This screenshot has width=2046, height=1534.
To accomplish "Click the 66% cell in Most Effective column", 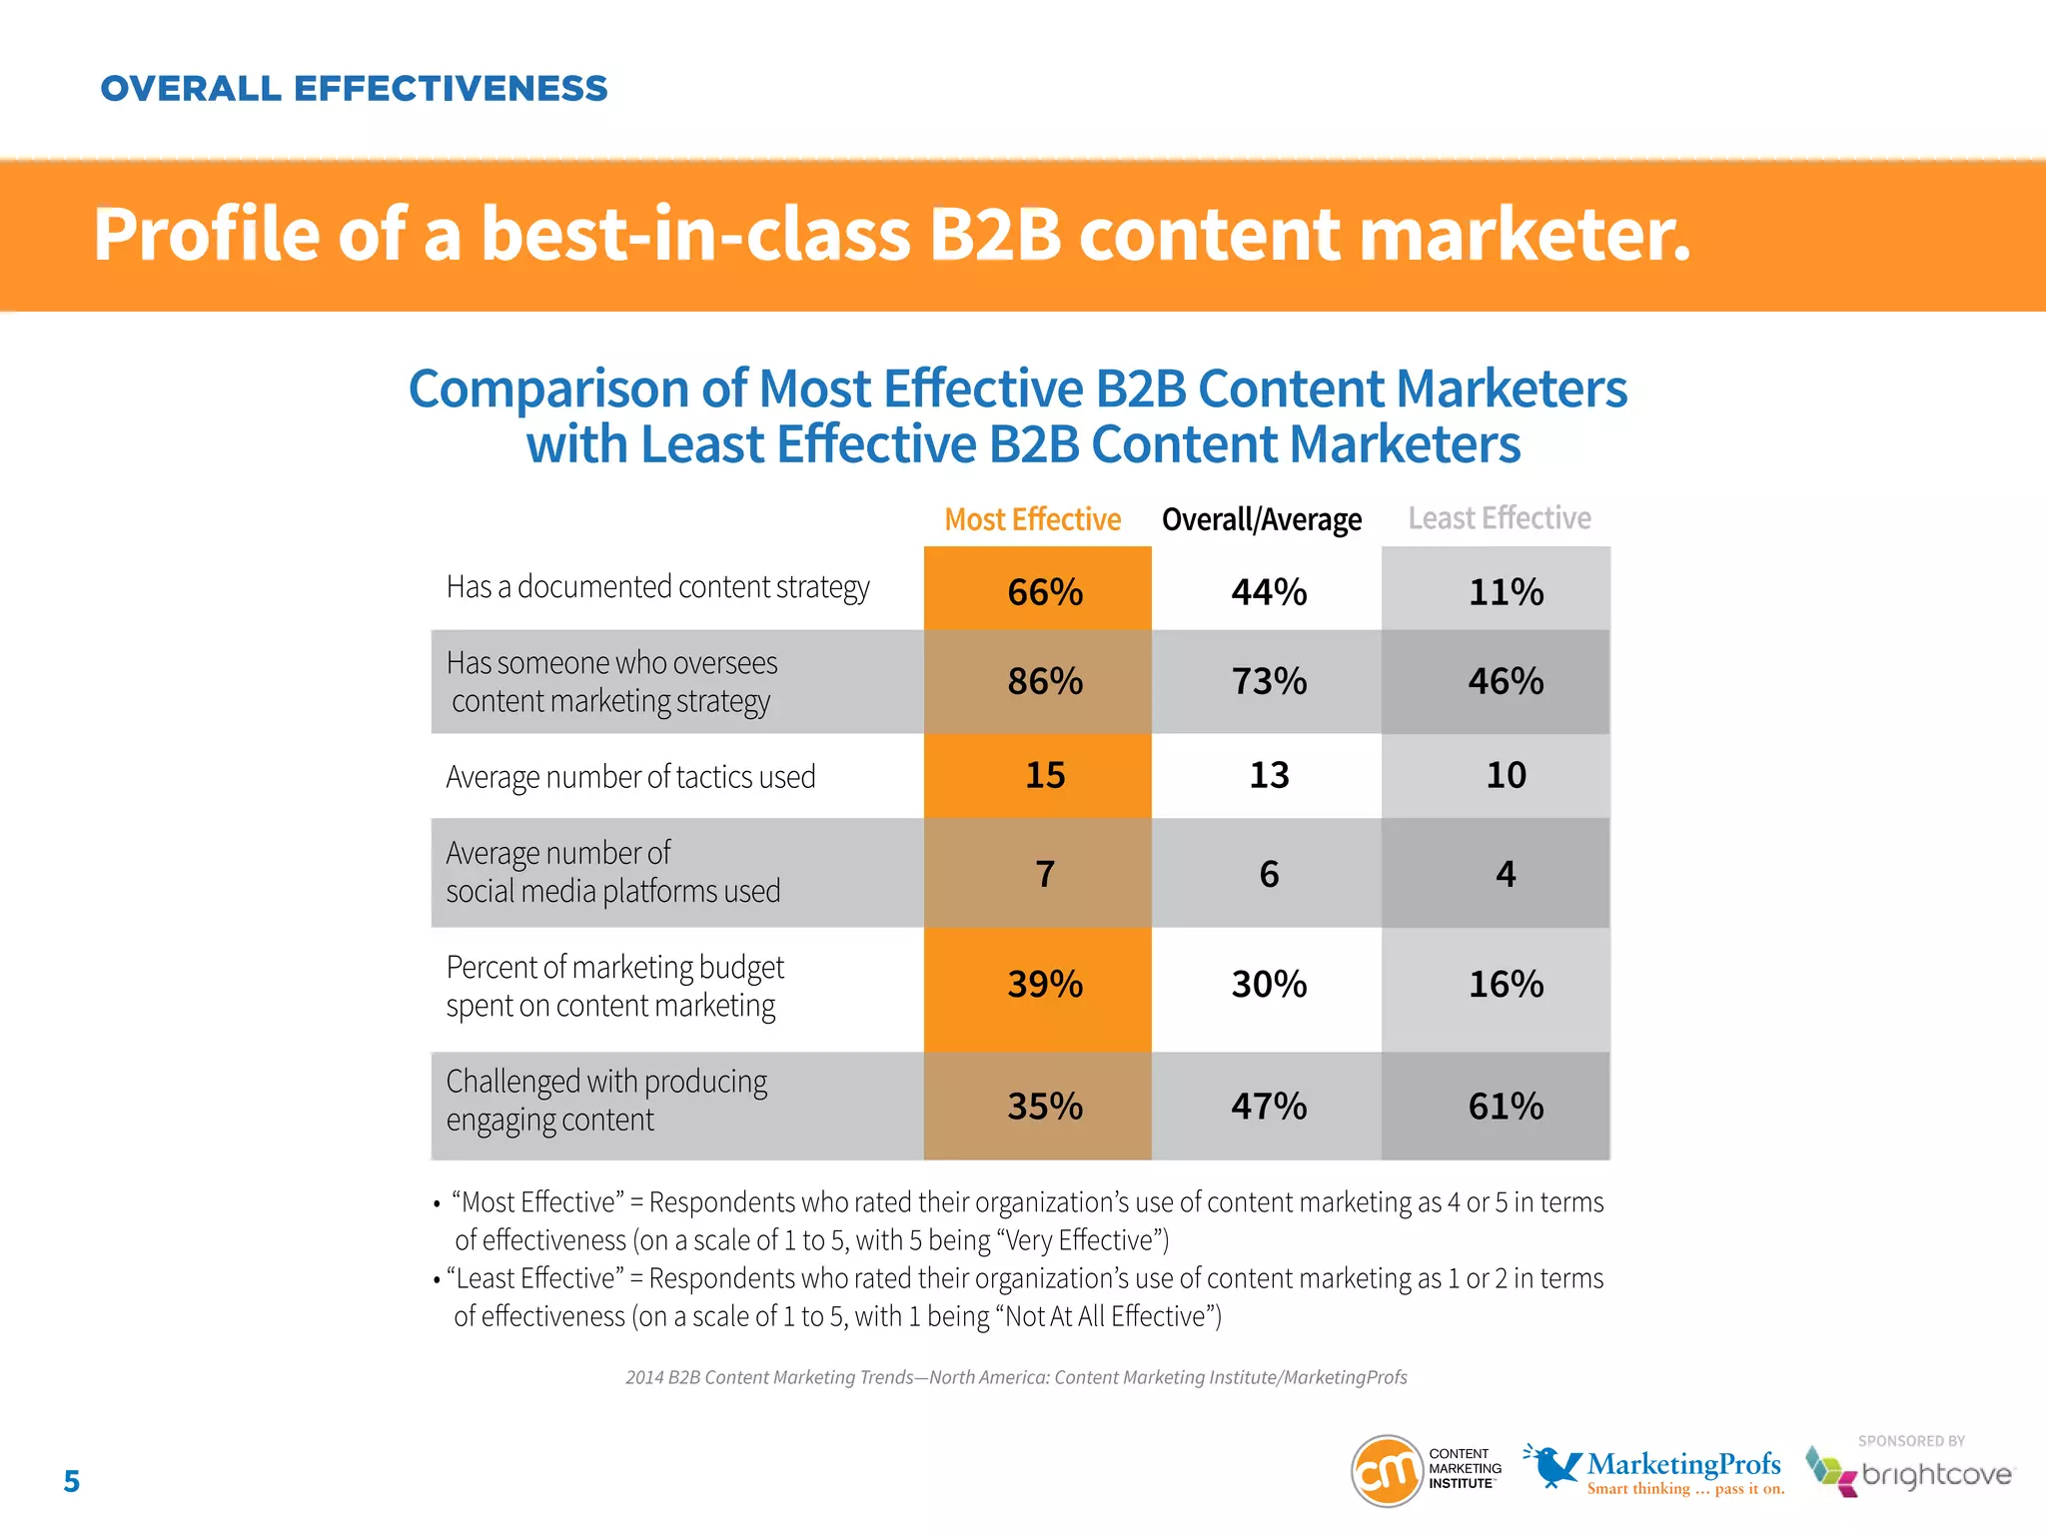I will pos(1044,592).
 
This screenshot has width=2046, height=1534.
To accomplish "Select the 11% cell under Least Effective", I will pos(1505,592).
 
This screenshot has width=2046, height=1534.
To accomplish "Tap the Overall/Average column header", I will pos(1261,519).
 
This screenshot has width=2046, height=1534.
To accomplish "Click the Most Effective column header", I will pos(1032,519).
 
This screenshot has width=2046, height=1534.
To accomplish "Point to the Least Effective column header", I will pos(1499,518).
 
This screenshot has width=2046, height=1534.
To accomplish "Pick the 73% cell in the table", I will pos(1268,681).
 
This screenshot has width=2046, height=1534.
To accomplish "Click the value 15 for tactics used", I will pos(1044,775).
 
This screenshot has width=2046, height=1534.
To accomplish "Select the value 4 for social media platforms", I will pos(1505,874).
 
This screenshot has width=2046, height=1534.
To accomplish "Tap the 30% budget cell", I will pos(1268,985).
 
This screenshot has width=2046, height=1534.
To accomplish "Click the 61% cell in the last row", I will pos(1505,1107).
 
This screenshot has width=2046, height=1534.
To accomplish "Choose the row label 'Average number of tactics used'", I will pos(630,777).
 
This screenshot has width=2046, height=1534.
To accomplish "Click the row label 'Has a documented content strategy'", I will pos(657,587).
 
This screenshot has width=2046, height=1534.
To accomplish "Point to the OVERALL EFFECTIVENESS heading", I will pos(354,88).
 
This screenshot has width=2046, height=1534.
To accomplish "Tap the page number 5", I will pos(71,1481).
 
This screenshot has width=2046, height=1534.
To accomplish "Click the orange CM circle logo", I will pos(1386,1470).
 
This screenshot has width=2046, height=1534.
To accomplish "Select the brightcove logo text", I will pos(1935,1475).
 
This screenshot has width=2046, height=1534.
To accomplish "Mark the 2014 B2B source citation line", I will pos(1016,1377).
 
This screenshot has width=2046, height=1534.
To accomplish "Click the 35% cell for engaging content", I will pos(1044,1107).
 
